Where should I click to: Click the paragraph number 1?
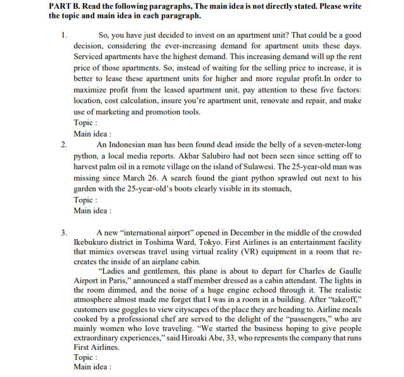pyautogui.click(x=64, y=35)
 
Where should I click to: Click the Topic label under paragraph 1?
pyautogui.click(x=85, y=123)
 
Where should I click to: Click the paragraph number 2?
pyautogui.click(x=64, y=145)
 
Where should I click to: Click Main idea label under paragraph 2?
pyautogui.click(x=93, y=211)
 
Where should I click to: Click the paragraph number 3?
pyautogui.click(x=64, y=233)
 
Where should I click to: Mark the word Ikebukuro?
pyautogui.click(x=96, y=244)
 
